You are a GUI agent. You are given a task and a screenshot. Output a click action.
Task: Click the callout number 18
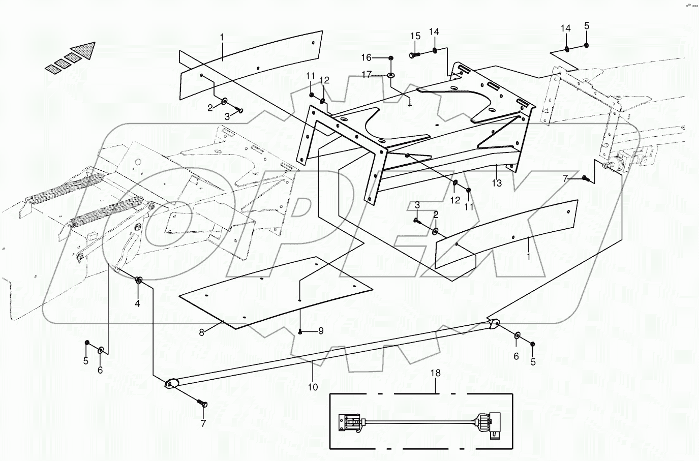click(x=436, y=373)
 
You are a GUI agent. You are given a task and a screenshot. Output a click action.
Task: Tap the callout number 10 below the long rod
click(x=313, y=387)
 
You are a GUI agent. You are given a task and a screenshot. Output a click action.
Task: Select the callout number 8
click(x=202, y=332)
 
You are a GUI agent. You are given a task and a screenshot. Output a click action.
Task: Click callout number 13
click(x=497, y=183)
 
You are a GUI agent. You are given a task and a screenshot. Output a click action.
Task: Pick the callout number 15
click(x=415, y=36)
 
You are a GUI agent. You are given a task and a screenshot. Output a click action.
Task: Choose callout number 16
click(x=367, y=57)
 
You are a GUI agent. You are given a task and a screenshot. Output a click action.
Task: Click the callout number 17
click(x=367, y=75)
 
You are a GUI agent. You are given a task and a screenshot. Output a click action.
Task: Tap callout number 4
click(x=137, y=303)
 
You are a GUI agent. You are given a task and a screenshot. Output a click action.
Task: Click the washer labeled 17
click(x=391, y=76)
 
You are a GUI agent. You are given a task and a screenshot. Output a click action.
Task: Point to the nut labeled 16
click(x=390, y=58)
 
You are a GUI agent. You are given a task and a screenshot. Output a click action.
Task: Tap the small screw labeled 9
click(x=300, y=332)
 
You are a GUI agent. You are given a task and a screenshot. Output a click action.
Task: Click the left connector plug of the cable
click(x=350, y=422)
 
